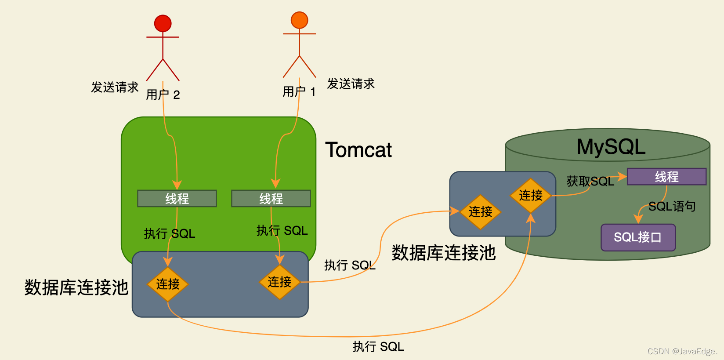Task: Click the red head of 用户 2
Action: point(163,23)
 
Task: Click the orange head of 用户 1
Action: point(299,20)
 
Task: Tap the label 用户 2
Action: point(163,95)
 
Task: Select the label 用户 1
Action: point(299,91)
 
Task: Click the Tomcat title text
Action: point(358,150)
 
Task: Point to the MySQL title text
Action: point(611,147)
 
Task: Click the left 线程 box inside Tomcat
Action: point(177,199)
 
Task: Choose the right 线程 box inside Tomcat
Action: point(271,199)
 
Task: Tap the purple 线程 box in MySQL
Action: point(666,177)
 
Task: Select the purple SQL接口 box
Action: point(638,237)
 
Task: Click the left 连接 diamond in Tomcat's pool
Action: point(168,284)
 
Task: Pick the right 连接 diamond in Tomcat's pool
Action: point(279,282)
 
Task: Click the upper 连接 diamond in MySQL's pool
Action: point(531,195)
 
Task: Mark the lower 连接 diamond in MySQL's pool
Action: point(480,212)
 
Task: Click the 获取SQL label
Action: point(590,181)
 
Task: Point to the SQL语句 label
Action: point(672,206)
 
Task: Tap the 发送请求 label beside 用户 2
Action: point(115,87)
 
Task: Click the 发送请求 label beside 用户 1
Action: point(351,84)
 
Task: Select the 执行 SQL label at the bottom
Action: point(378,347)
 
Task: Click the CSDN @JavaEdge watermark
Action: point(682,351)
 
